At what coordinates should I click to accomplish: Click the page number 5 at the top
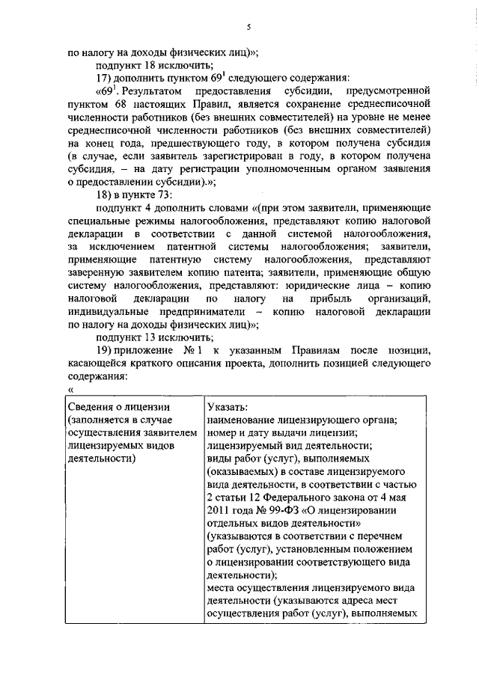click(x=247, y=28)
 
